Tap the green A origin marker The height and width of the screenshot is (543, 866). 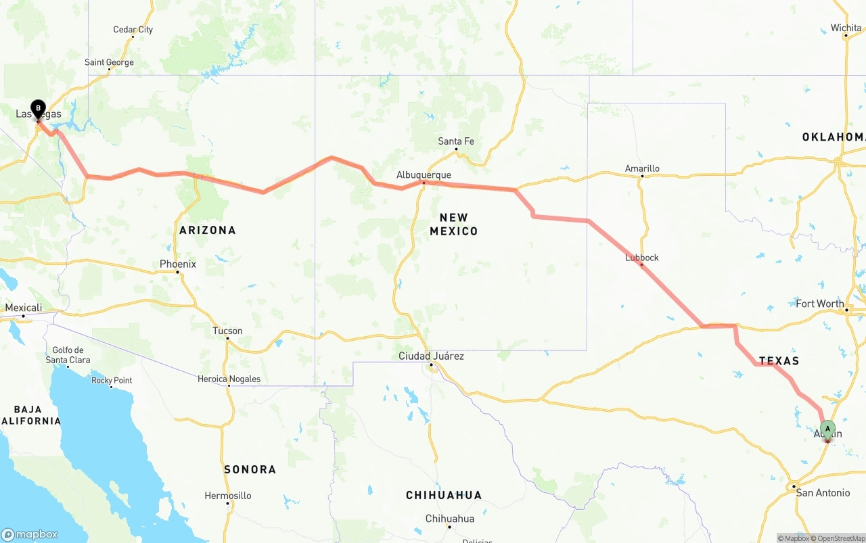click(x=827, y=429)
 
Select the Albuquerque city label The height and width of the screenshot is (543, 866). click(x=424, y=175)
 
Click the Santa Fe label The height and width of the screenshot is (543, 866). click(x=456, y=141)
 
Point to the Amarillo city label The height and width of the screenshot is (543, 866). click(x=642, y=168)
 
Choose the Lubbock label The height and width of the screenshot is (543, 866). click(x=641, y=258)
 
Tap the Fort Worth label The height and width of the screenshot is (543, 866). click(x=820, y=304)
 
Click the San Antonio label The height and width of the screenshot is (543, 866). click(x=823, y=493)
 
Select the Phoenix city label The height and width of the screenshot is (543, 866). click(x=178, y=264)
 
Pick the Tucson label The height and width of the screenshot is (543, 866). click(x=227, y=331)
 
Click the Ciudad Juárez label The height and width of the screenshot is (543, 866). click(x=431, y=356)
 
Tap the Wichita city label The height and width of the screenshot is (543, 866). click(x=846, y=28)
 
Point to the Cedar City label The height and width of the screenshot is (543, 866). click(x=133, y=29)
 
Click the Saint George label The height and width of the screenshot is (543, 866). click(x=109, y=62)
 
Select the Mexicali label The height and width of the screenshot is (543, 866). click(x=24, y=308)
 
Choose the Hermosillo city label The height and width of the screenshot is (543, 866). click(x=228, y=496)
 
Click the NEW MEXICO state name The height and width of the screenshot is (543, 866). click(x=453, y=224)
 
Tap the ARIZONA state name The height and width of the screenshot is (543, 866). click(x=208, y=230)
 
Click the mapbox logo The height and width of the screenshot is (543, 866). click(x=30, y=534)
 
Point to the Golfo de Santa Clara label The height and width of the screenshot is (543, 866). click(x=68, y=354)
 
